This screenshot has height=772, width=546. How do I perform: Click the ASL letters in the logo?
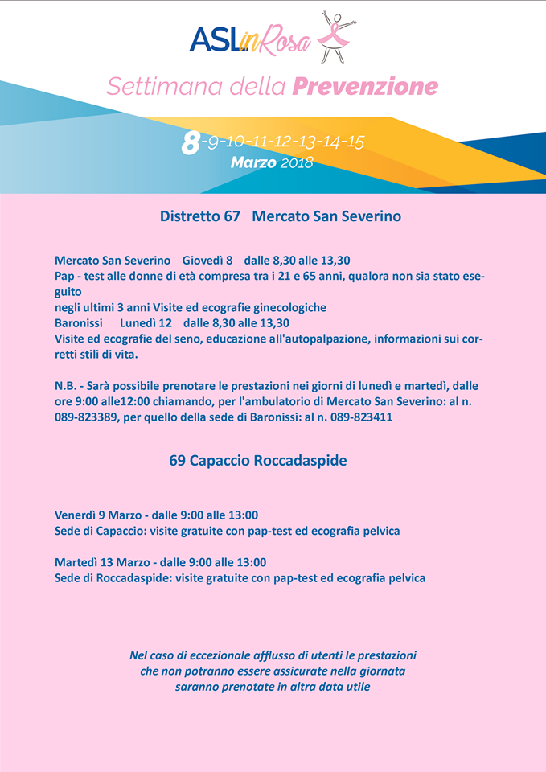point(214,39)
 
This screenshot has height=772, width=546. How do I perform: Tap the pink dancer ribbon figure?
point(335,36)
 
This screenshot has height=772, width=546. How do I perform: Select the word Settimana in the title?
point(152,86)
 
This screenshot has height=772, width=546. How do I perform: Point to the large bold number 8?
point(191,143)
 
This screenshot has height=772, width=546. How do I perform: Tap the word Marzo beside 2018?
point(253,162)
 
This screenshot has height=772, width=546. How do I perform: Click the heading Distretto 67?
point(200,216)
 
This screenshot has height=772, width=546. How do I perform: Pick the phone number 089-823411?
point(360,417)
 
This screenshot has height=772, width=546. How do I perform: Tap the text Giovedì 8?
point(207,261)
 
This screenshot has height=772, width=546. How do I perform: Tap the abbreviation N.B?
point(68,386)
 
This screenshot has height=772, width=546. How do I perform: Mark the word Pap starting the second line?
point(65,276)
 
